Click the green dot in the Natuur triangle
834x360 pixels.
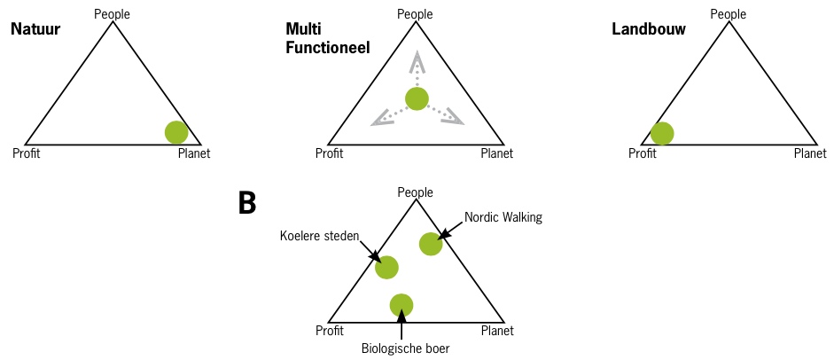pyautogui.click(x=177, y=132)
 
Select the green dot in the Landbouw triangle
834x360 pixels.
pyautogui.click(x=661, y=133)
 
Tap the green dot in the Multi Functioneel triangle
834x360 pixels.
pyautogui.click(x=417, y=98)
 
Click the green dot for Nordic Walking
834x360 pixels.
pyautogui.click(x=431, y=243)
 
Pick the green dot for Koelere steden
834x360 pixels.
pyautogui.click(x=386, y=266)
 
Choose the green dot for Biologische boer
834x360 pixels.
pyautogui.click(x=401, y=305)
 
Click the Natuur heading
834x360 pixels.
pyautogui.click(x=35, y=28)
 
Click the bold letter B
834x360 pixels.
pyautogui.click(x=247, y=203)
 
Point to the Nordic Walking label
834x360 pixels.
pyautogui.click(x=503, y=216)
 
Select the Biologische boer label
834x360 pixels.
pyautogui.click(x=406, y=348)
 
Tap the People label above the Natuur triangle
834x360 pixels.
pyautogui.click(x=112, y=12)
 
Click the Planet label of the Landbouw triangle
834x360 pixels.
pyautogui.click(x=810, y=153)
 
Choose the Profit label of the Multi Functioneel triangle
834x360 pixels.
pyautogui.click(x=330, y=153)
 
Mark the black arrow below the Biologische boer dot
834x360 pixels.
pyautogui.click(x=401, y=325)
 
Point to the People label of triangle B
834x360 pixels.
pyautogui.click(x=415, y=191)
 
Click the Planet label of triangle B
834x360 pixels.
pyautogui.click(x=496, y=331)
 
